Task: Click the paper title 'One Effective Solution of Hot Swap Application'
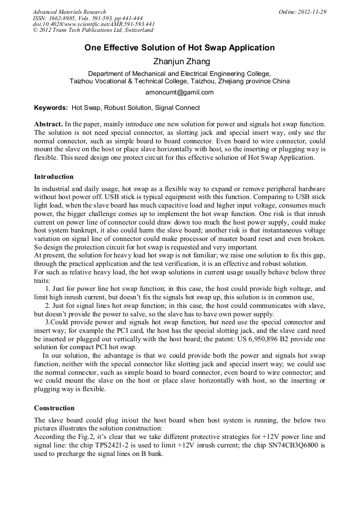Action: coord(179,48)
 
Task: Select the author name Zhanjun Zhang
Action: coord(179,62)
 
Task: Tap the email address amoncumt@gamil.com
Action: coord(179,92)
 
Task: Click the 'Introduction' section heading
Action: coord(54,177)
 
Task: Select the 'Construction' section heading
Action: coord(54,408)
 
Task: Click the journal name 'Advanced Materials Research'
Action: coord(69,12)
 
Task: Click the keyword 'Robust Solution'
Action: coord(127,108)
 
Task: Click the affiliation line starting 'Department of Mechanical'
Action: coord(179,74)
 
